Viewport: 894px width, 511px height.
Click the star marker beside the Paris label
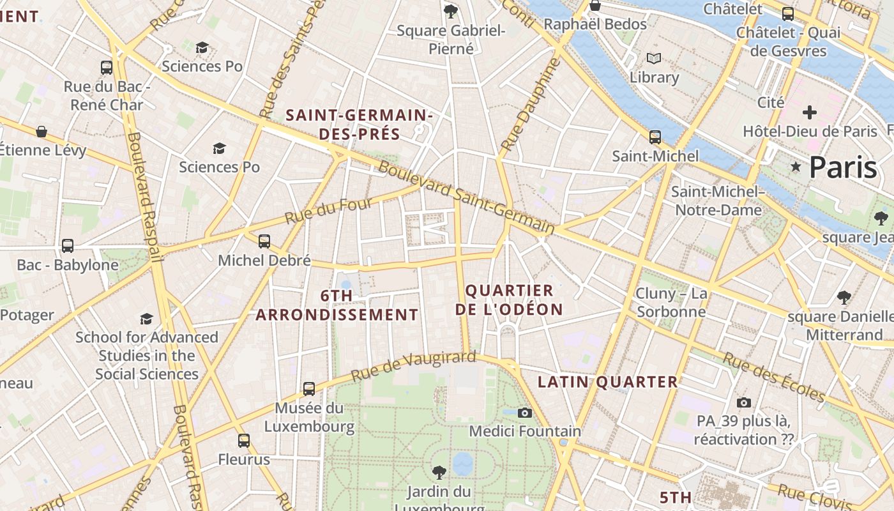[x=796, y=167]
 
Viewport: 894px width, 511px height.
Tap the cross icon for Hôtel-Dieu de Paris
[x=810, y=113]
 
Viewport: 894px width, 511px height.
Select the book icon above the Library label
[x=654, y=59]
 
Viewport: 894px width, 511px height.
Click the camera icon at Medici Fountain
[x=525, y=413]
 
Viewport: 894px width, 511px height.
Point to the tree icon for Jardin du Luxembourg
[x=439, y=473]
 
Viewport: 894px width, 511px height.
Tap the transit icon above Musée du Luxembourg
[x=309, y=388]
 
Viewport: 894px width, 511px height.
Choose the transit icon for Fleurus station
[x=244, y=440]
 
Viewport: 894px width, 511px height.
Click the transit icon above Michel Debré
[x=264, y=241]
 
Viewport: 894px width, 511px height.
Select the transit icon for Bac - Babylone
[x=68, y=245]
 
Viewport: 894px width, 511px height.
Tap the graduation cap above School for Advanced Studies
[x=147, y=318]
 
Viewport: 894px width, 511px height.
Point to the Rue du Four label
[x=328, y=211]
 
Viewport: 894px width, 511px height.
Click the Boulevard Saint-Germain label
[x=466, y=198]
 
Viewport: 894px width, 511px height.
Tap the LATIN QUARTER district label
[x=607, y=382]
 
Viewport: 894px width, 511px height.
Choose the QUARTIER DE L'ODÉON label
[x=514, y=300]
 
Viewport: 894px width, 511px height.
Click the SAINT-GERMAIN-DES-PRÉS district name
[x=360, y=125]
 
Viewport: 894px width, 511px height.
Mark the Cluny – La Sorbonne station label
[x=671, y=303]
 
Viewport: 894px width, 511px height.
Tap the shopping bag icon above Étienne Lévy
[x=42, y=132]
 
